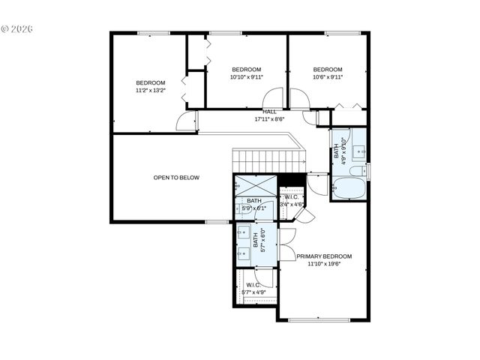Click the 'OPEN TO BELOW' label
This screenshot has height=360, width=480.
(176, 178)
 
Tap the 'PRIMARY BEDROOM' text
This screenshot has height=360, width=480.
(324, 256)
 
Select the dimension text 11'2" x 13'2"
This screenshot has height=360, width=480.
(150, 91)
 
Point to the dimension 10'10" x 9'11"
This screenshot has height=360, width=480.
(246, 76)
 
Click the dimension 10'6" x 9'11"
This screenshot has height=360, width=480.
(327, 76)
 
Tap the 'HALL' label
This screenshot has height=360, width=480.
(269, 111)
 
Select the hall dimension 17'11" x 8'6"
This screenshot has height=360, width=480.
(269, 118)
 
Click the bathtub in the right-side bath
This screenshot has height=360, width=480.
(346, 188)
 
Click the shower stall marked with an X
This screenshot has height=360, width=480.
(255, 184)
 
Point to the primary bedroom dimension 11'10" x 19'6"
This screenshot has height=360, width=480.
(324, 264)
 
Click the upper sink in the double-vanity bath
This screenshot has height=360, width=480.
(243, 233)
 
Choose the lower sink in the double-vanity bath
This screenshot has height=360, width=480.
(243, 253)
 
